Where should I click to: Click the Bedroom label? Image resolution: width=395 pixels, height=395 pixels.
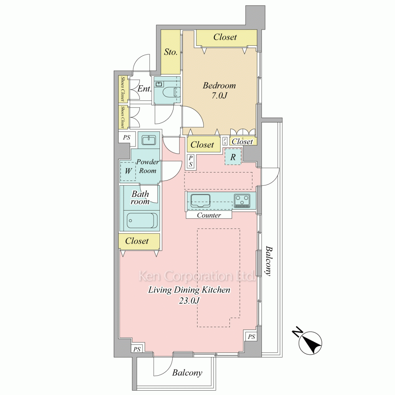219,85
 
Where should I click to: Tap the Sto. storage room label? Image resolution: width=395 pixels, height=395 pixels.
171,52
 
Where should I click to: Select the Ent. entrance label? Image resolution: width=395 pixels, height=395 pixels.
144,88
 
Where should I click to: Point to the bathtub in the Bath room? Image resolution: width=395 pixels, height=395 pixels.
142,220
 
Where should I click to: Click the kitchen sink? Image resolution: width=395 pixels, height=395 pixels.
200,200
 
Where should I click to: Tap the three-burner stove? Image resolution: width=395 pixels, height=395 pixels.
242,201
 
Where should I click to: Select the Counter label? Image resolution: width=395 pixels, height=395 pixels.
209,215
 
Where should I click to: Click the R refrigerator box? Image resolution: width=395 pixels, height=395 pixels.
233,157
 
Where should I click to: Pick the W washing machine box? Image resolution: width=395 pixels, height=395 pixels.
128,171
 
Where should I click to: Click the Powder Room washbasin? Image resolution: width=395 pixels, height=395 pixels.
149,140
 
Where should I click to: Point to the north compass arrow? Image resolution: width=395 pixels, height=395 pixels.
312,342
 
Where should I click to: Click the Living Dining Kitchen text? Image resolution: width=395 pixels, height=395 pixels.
189,290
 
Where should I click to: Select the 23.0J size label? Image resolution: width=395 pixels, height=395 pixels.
189,301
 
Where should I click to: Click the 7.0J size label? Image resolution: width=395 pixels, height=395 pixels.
219,96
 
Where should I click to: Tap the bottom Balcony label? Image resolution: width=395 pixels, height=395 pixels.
187,373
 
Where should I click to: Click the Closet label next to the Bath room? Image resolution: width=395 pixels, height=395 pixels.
137,241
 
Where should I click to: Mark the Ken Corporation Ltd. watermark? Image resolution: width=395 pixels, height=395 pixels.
196,276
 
